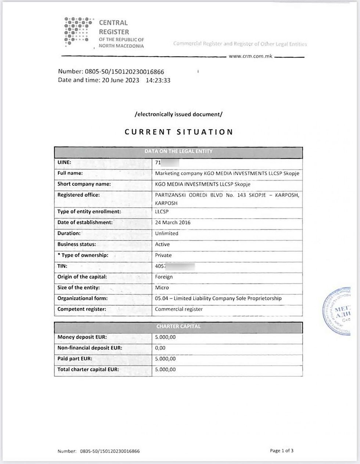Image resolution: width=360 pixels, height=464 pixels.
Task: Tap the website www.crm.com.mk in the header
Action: click(x=250, y=56)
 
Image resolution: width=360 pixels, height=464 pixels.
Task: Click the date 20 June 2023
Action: click(x=120, y=81)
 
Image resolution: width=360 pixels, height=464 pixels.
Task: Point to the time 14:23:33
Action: click(x=158, y=81)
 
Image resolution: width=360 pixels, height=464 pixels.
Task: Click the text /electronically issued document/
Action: click(x=179, y=114)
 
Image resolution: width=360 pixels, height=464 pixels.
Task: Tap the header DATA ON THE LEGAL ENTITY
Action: click(x=179, y=151)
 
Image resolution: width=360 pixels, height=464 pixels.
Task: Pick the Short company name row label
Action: click(x=84, y=184)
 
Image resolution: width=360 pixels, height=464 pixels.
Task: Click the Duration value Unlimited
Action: click(x=166, y=233)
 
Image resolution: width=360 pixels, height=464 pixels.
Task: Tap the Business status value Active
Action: click(x=162, y=244)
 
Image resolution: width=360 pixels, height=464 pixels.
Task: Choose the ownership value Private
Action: click(x=163, y=255)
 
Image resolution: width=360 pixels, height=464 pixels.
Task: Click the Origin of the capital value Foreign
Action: click(x=164, y=277)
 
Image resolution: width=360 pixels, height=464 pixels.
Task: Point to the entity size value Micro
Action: click(x=162, y=288)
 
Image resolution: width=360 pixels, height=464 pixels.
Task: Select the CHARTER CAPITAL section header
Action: click(x=179, y=326)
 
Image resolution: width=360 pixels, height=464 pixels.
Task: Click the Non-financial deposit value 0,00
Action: click(x=160, y=348)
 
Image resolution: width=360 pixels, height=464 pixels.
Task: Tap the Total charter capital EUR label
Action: click(x=88, y=370)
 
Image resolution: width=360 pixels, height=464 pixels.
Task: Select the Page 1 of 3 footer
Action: click(x=282, y=451)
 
